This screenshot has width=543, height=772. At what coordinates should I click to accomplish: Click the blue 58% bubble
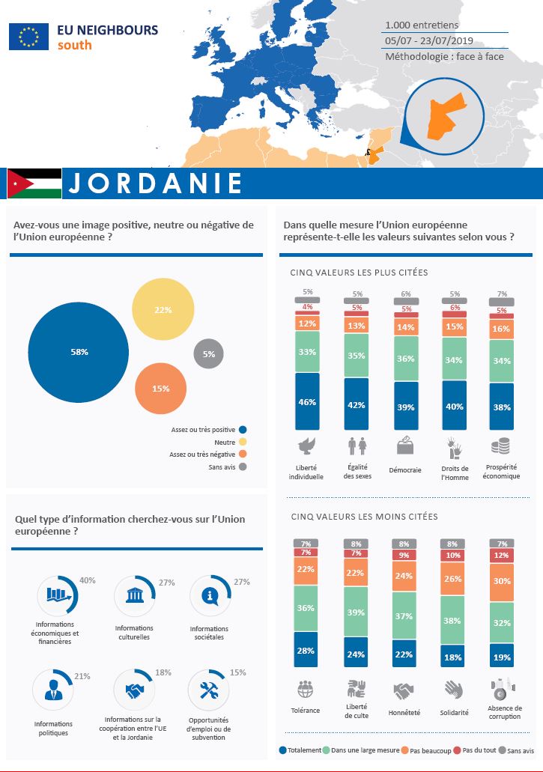[79, 352]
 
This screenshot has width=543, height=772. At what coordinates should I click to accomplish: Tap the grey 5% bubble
[208, 354]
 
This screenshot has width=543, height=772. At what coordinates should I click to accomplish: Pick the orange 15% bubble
[160, 389]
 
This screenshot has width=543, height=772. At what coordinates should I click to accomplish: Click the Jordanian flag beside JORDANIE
[34, 183]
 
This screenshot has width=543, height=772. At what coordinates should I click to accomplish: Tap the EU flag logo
[28, 37]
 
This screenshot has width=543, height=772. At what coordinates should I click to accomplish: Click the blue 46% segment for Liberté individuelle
[307, 402]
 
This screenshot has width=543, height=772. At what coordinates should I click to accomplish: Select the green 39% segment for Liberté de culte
[357, 613]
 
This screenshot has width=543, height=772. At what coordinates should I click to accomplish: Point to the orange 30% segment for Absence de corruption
[501, 581]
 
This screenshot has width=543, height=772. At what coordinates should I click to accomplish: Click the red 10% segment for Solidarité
[453, 556]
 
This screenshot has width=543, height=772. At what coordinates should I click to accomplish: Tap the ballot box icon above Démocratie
[404, 446]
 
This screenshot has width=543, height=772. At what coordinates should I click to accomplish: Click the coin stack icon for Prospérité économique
[500, 446]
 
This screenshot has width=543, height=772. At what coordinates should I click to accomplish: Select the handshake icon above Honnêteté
[404, 690]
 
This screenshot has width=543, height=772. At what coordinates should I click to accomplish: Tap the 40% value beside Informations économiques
[87, 580]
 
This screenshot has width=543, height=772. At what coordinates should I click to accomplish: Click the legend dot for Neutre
[242, 442]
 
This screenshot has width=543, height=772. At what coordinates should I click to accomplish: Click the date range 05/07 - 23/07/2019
[423, 40]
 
